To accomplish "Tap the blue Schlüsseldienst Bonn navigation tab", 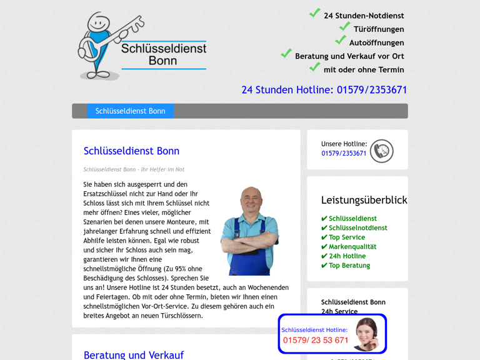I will click(130, 111).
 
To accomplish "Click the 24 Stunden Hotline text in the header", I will click(324, 90).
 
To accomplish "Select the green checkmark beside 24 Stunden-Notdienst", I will click(315, 13).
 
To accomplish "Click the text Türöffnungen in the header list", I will click(379, 29).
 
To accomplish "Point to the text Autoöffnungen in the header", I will click(376, 43).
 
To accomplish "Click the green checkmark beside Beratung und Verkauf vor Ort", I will click(286, 54).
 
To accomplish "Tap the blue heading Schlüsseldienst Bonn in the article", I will click(131, 151).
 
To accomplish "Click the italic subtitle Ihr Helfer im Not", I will click(134, 169).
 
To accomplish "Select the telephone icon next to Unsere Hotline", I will click(381, 151).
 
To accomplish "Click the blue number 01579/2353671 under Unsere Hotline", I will click(344, 154).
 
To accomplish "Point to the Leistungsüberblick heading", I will click(364, 200).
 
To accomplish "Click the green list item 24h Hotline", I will click(347, 256).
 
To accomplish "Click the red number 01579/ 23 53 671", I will click(316, 341).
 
